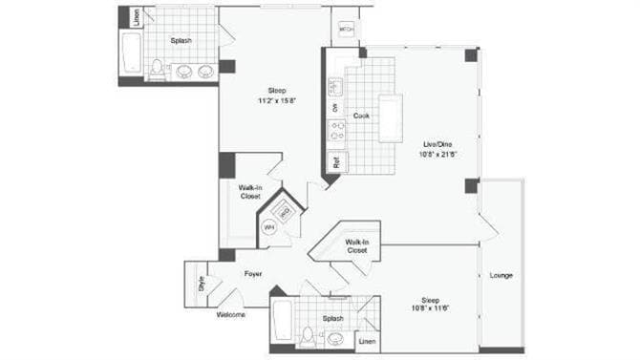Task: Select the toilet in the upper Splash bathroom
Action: click(159, 69)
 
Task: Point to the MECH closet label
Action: click(347, 31)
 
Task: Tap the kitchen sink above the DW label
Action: click(336, 88)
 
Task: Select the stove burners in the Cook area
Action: click(336, 131)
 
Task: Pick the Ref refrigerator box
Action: click(335, 161)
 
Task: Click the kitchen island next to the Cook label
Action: click(390, 117)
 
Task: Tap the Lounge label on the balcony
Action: click(501, 276)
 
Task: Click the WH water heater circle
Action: click(268, 227)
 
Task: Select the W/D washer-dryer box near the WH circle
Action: click(285, 210)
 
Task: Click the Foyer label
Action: click(252, 274)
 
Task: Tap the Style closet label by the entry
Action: click(202, 284)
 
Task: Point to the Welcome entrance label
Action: click(230, 314)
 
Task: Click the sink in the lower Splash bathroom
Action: click(335, 337)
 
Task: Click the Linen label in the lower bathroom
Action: click(367, 341)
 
